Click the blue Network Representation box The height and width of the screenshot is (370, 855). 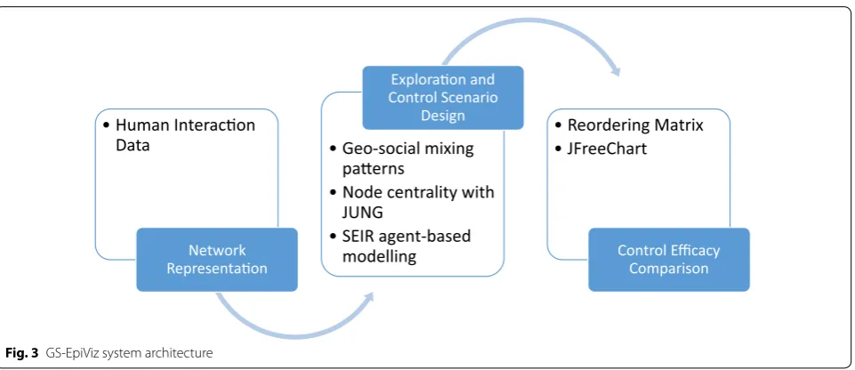(216, 260)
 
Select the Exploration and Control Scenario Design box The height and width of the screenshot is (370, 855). (443, 98)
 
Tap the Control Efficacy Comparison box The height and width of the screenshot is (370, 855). (668, 260)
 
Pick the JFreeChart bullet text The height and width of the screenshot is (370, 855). (607, 149)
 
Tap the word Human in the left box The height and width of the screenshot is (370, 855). (141, 125)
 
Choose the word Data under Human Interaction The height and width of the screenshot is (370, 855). (133, 146)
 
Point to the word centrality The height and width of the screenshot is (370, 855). (418, 192)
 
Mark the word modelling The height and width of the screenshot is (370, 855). (379, 256)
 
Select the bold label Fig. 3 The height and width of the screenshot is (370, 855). (22, 353)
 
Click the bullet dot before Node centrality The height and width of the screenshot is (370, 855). (333, 193)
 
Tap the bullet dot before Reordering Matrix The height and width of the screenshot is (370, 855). (558, 125)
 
